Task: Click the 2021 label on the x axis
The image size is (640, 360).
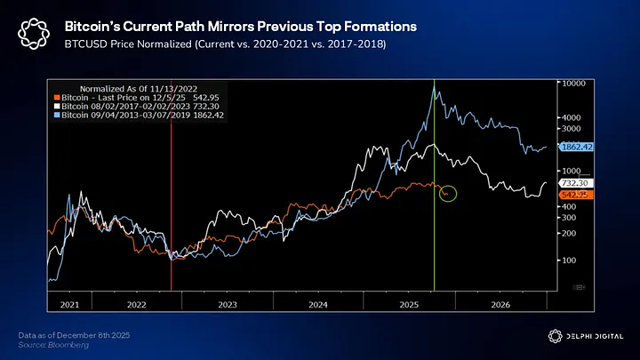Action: (69, 304)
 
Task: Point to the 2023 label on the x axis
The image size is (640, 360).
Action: (228, 304)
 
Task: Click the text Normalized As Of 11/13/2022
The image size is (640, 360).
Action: (121, 89)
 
